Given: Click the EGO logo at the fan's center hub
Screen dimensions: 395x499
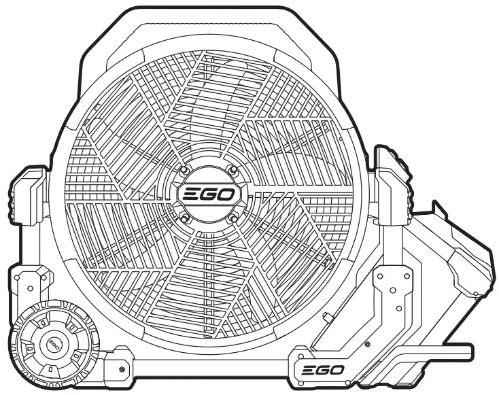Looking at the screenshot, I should pos(208,195).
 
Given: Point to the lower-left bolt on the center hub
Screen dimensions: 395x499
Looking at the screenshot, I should pos(184,218).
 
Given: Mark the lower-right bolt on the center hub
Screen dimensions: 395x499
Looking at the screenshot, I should pos(233,218).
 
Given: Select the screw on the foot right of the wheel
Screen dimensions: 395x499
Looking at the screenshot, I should pos(121,369).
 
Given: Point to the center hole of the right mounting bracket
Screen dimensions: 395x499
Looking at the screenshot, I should pos(392,290).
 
